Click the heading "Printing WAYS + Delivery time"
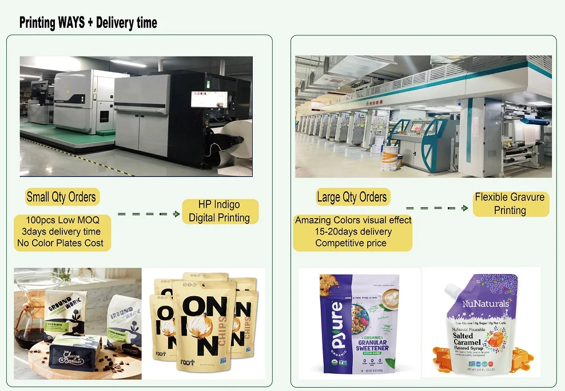click(x=88, y=23)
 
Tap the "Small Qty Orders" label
click(x=62, y=197)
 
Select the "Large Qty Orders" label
click(x=352, y=197)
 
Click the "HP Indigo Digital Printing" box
click(x=219, y=211)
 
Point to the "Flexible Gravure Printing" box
click(x=510, y=204)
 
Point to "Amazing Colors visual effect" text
click(x=353, y=220)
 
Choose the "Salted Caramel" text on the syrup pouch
click(x=467, y=337)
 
